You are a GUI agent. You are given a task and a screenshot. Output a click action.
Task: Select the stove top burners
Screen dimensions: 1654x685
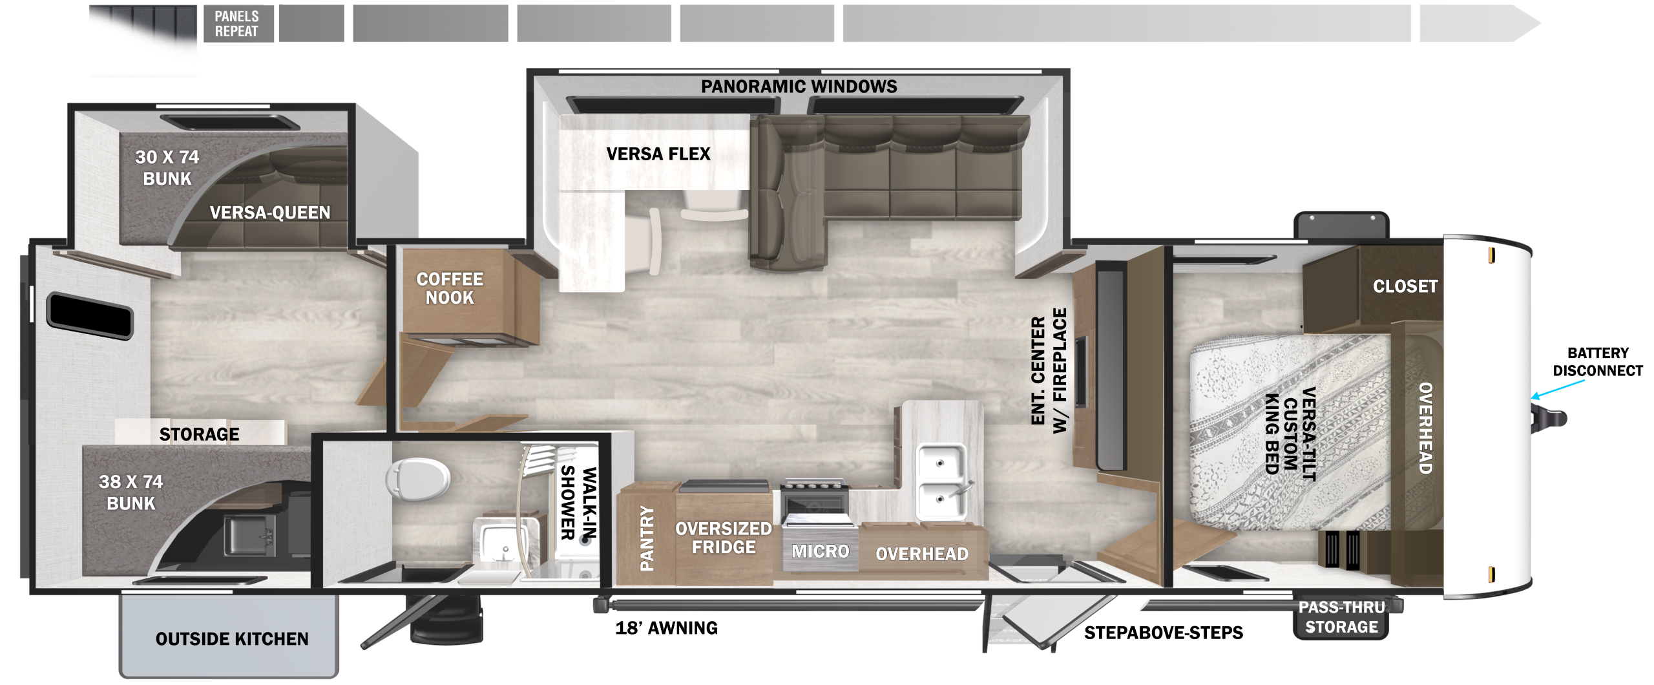point(813,486)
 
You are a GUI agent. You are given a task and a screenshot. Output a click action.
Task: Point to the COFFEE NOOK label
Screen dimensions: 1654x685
point(450,288)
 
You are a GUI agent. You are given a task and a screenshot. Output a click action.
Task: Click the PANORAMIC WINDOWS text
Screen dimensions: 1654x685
point(799,87)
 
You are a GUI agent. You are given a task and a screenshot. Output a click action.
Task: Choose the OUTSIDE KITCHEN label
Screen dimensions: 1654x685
point(232,639)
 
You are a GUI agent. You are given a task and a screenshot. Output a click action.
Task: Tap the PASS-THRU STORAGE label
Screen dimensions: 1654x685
point(1341,617)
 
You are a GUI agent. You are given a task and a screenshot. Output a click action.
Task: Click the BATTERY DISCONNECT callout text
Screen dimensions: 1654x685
point(1598,362)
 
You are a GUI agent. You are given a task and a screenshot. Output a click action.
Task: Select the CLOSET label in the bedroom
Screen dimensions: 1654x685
point(1405,286)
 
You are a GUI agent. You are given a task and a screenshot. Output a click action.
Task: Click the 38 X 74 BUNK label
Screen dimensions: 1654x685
point(131,492)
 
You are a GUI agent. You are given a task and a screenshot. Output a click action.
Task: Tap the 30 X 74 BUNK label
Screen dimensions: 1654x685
point(167,168)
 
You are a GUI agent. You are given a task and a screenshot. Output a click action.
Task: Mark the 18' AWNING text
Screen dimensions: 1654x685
point(666,628)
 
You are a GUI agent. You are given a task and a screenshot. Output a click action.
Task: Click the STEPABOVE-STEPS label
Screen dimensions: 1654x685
point(1164,633)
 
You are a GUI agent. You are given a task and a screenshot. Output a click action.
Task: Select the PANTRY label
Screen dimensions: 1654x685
point(647,538)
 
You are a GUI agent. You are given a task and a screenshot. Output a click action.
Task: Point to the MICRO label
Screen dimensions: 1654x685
point(821,551)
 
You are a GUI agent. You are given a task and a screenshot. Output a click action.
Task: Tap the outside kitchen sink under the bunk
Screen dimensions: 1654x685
point(249,535)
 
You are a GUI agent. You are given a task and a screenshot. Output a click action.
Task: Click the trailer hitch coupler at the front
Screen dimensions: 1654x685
point(1549,417)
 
